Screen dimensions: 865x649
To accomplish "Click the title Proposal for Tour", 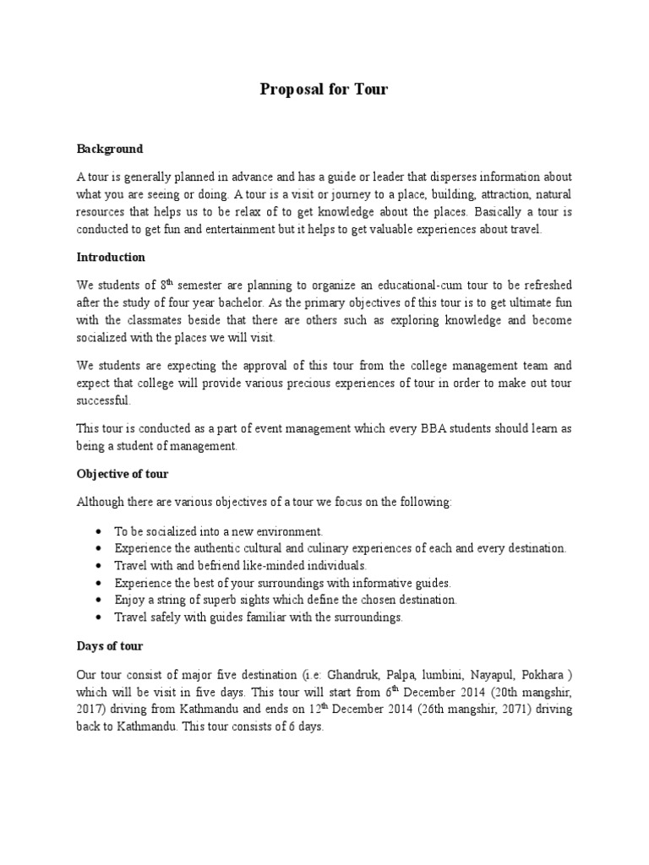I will [x=324, y=90].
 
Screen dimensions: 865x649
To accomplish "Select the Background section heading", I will [x=110, y=149].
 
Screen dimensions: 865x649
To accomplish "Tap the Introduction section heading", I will [x=112, y=257].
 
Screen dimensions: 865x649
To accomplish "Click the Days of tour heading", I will [x=110, y=646].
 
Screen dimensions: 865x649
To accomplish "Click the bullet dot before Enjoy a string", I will [x=101, y=600].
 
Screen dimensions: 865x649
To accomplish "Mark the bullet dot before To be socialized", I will [x=101, y=532].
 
